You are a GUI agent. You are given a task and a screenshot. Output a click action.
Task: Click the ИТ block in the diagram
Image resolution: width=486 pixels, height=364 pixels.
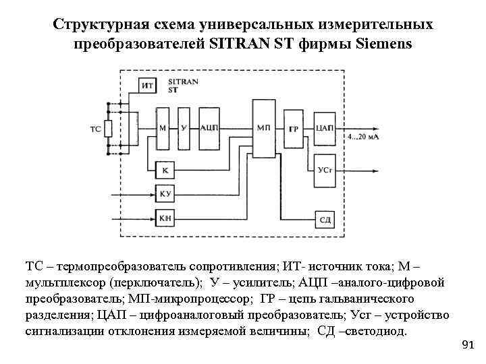[x=148, y=86]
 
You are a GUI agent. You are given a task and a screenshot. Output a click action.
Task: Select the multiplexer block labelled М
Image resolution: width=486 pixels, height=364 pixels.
[x=163, y=127]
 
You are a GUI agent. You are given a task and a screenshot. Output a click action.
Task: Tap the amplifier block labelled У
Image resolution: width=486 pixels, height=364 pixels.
[x=183, y=127]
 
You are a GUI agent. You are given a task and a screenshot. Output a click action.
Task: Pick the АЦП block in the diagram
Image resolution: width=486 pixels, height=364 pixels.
[x=209, y=127]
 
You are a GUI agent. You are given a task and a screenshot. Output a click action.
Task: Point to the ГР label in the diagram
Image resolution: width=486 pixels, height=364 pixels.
[x=294, y=129]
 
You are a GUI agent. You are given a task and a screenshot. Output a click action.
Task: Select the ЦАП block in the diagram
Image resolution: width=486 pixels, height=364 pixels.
[x=323, y=127]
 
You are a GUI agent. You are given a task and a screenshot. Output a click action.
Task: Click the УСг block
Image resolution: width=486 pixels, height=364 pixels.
[x=323, y=170]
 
